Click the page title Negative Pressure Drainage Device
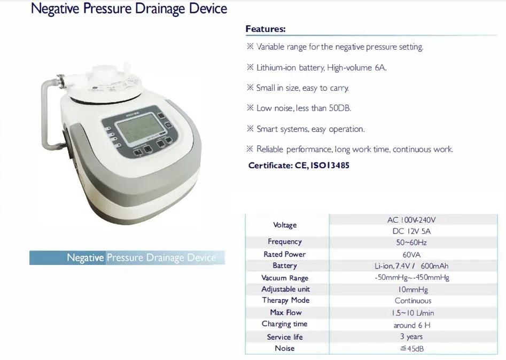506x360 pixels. [129, 9]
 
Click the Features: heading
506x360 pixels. [266, 29]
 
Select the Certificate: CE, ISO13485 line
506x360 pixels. [299, 166]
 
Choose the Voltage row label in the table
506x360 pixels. [285, 225]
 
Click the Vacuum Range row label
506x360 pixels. [285, 278]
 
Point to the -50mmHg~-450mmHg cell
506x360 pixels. [412, 278]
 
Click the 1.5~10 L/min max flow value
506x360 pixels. [412, 313]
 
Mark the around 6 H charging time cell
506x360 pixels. [412, 325]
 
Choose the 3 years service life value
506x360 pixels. [411, 336]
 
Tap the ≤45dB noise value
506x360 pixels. [412, 349]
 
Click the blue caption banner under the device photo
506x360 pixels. [127, 257]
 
